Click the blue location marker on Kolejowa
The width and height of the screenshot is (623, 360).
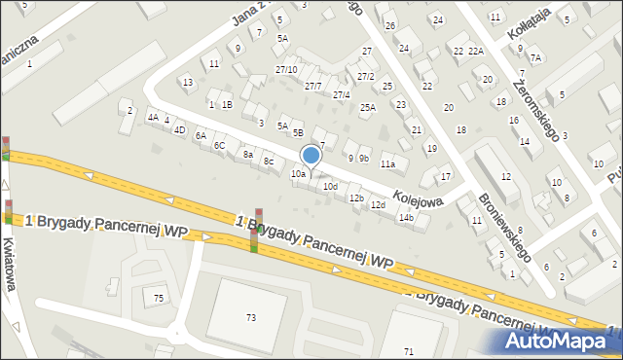coord(311,155)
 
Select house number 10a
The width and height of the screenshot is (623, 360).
coord(299,174)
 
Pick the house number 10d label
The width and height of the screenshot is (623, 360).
coord(331,186)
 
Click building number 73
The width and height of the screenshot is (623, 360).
coord(251,317)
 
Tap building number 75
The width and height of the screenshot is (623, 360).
coord(159,298)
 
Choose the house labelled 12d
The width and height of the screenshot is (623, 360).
coord(378,204)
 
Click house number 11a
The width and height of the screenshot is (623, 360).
coord(387,164)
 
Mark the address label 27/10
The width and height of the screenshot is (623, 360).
coord(286,69)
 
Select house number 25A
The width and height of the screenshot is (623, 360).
coord(368,108)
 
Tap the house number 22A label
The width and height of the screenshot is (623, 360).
coord(475,51)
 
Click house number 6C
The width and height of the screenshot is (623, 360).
coord(220,145)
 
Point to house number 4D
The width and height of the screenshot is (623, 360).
coord(179,129)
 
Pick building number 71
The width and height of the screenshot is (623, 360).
coord(409,350)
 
